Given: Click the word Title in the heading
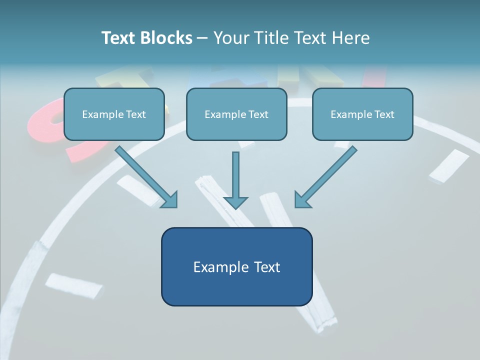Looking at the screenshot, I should tap(268, 38).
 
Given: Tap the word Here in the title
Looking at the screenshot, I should tap(350, 38).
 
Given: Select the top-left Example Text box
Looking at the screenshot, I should tap(114, 114).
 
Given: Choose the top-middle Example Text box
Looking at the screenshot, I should tap(236, 114).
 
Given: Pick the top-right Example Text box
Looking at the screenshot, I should tap(362, 114).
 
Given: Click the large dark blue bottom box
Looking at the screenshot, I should tap(236, 266).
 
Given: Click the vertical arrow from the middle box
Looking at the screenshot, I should tap(235, 175).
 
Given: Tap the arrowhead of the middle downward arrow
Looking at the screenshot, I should tap(235, 201).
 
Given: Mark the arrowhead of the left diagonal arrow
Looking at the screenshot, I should tap(170, 200).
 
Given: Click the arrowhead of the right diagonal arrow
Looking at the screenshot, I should tap(302, 200).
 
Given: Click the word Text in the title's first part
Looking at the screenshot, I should tap(117, 38).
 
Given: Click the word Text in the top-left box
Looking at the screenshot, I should tap(136, 114).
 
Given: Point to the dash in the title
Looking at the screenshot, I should tap(202, 38).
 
